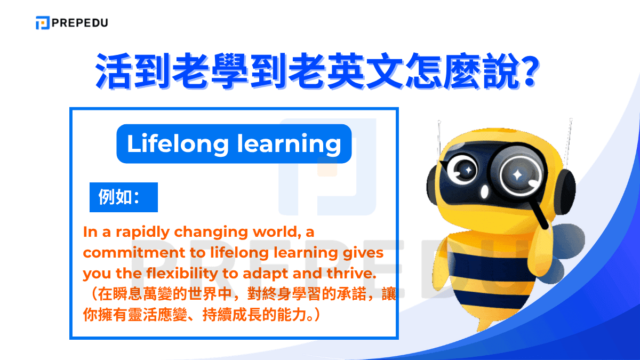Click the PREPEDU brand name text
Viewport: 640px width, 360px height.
click(79, 23)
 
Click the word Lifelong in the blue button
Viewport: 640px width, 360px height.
click(169, 143)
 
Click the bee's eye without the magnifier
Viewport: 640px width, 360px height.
click(464, 170)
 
